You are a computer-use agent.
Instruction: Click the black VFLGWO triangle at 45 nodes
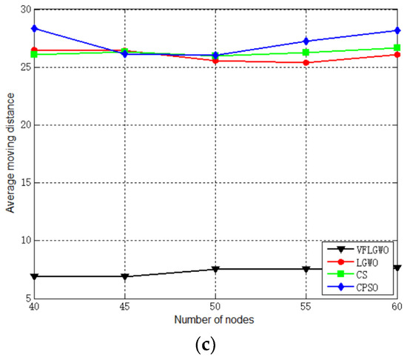(125, 276)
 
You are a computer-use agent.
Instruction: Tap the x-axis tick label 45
(125, 306)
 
